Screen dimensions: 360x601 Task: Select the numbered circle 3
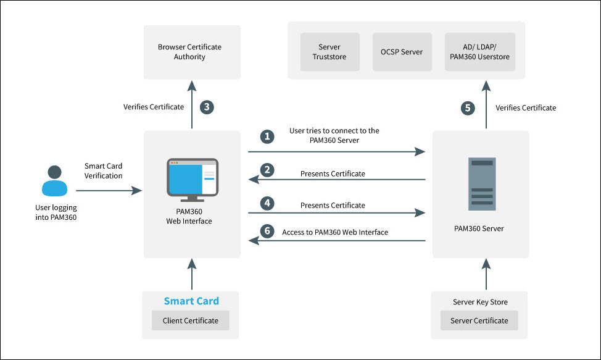208,107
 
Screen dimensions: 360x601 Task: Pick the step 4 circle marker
267,203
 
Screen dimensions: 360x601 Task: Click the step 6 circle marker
267,231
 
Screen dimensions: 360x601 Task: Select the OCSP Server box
402,52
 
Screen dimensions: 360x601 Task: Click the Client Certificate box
190,320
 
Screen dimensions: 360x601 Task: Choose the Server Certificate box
479,320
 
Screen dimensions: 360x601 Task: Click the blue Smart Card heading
191,301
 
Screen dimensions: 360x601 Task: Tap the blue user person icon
55,181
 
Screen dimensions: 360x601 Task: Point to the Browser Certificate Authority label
189,52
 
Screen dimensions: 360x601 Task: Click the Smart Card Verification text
104,171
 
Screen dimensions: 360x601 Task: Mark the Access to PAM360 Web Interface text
334,232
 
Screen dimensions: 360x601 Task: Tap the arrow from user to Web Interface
111,191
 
